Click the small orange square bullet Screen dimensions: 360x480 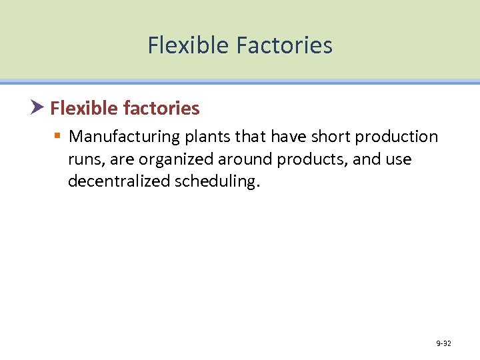click(58, 137)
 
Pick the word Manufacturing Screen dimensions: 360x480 click(125, 137)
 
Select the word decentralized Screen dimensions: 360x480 click(119, 182)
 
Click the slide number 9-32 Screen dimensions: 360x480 click(443, 343)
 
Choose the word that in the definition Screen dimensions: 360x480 click(251, 137)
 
